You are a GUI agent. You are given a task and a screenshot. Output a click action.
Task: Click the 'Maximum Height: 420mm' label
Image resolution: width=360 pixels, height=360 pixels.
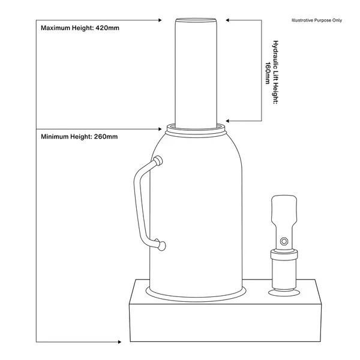[x=76, y=28]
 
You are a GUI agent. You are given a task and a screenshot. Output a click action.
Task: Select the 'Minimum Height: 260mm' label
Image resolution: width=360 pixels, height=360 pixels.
[x=79, y=137]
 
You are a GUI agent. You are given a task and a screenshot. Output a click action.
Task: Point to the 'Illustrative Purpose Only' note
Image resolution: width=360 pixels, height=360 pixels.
[x=316, y=20]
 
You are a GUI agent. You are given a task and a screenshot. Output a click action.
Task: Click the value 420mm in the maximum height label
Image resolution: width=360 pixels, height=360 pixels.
[x=106, y=28]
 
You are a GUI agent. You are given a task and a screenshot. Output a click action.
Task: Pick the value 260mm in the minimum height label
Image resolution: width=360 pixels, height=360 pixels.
[x=106, y=137]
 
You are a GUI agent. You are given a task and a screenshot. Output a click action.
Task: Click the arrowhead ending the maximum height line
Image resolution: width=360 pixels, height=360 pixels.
[x=160, y=20]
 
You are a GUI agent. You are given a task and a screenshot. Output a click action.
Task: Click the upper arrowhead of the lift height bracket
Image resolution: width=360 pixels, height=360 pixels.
[x=229, y=20]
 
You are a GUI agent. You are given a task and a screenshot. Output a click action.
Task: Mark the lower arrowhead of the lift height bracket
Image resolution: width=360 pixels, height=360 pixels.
[x=229, y=120]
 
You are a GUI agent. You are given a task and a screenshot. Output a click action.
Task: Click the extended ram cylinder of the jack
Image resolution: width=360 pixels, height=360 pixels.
[x=196, y=72]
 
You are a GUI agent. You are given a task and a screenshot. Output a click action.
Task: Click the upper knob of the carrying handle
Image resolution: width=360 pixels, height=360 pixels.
[x=158, y=160]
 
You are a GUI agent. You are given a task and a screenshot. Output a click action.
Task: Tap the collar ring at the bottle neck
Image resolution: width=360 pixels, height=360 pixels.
[x=196, y=128]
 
